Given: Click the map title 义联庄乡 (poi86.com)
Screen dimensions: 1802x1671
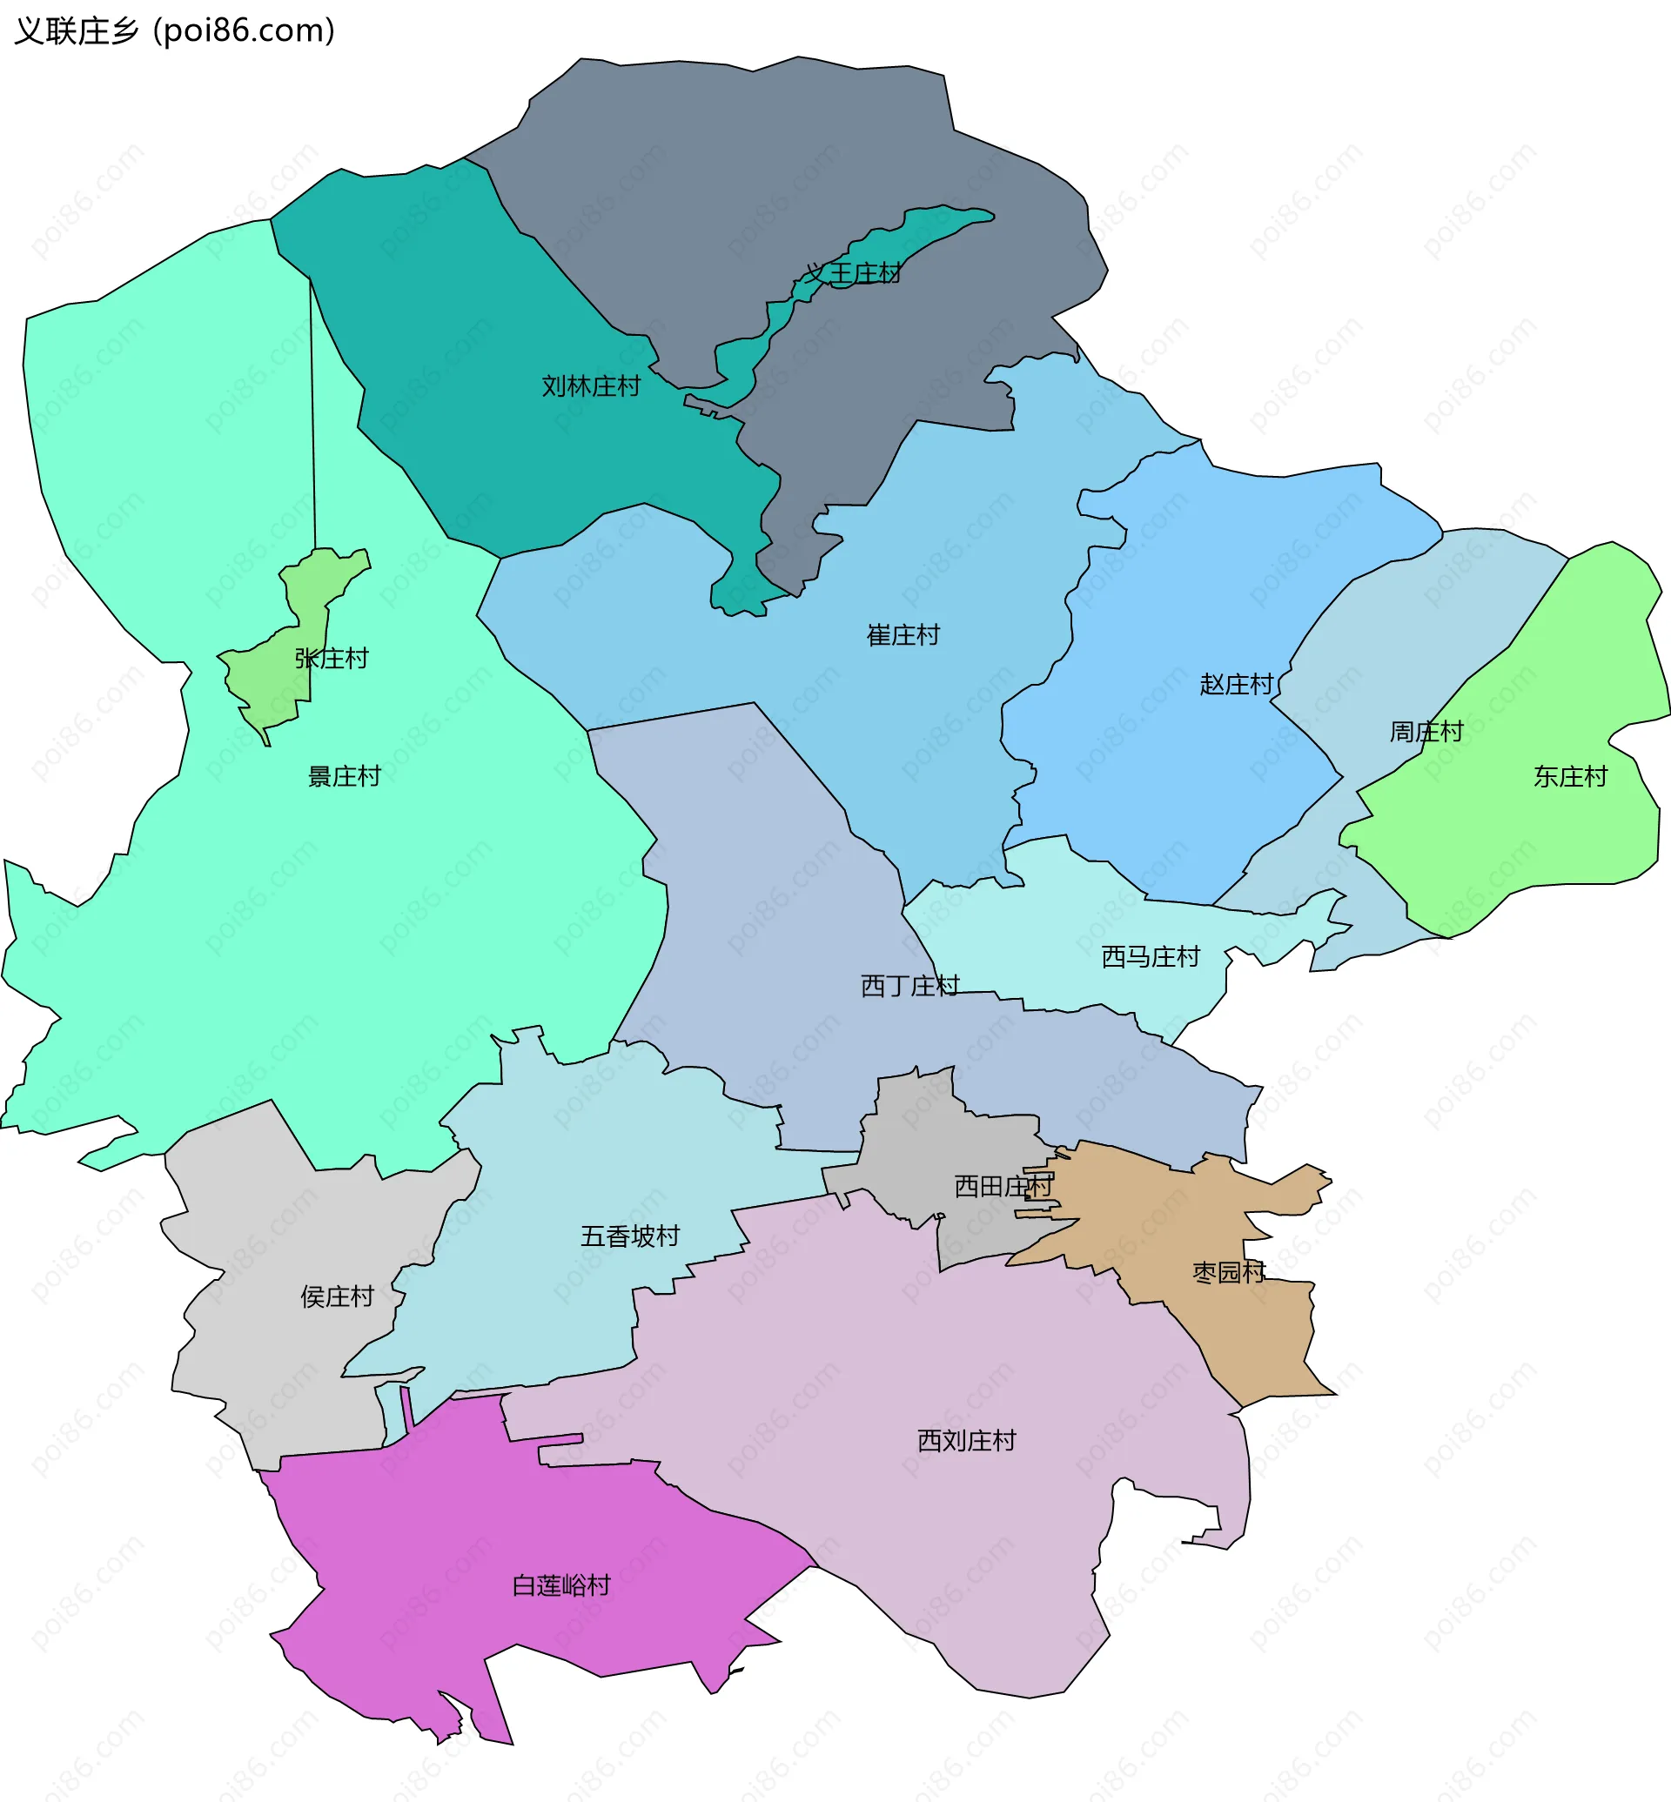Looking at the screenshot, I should tap(175, 30).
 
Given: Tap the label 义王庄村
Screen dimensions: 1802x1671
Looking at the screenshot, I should tap(853, 273).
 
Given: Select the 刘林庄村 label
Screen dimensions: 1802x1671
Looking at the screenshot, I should tap(590, 386).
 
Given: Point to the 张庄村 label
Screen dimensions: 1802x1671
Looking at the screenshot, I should tap(332, 658).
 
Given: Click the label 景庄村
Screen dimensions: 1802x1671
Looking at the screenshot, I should tap(345, 776).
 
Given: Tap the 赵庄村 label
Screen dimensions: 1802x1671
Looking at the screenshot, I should tap(1236, 684).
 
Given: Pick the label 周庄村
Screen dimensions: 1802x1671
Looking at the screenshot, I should tap(1426, 731).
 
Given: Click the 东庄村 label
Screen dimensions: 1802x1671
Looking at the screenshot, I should tap(1571, 776).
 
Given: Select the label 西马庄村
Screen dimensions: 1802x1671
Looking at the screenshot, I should tap(1151, 955).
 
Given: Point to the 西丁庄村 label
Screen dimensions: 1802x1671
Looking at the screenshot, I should tap(909, 985).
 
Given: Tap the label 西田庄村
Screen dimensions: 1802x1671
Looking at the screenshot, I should tap(1003, 1185).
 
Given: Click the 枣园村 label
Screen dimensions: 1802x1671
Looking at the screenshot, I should tap(1229, 1272).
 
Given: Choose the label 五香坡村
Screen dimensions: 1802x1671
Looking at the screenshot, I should tap(630, 1236).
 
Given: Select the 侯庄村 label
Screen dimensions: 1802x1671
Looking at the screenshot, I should tap(338, 1296).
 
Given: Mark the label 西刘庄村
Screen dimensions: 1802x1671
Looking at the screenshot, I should tap(967, 1440).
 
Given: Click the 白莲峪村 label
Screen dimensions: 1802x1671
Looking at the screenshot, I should tap(561, 1585).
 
